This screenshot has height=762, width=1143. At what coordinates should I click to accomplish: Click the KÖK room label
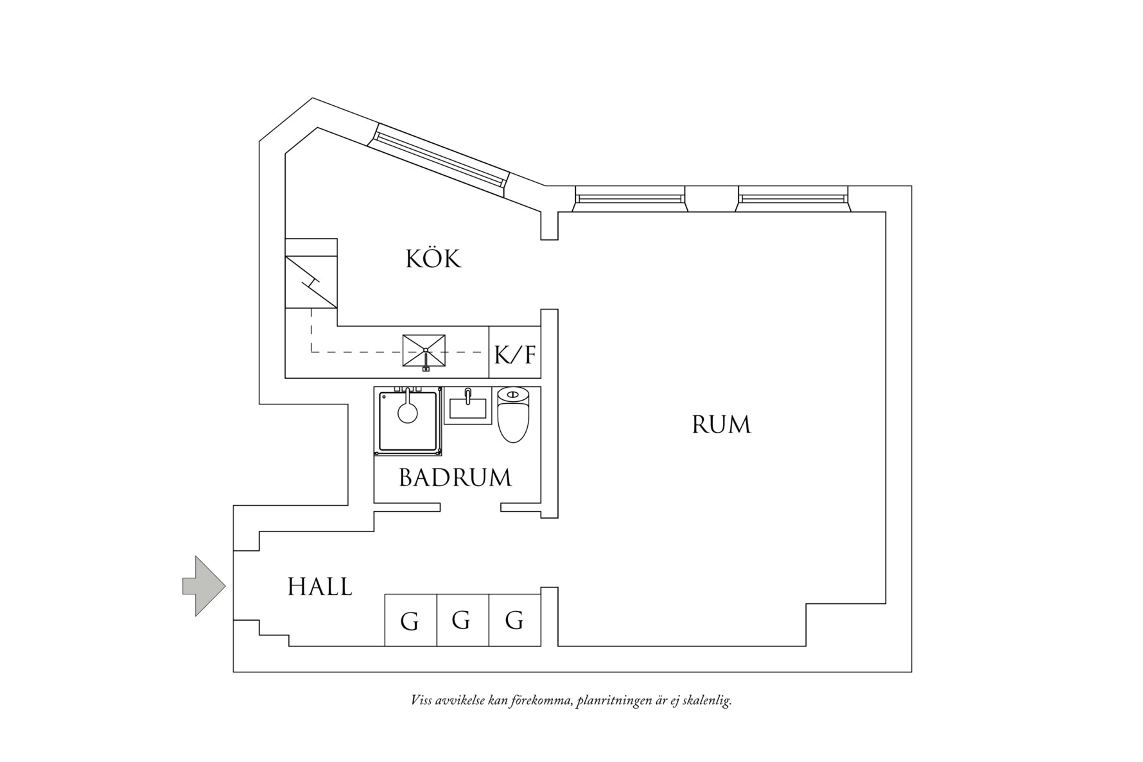tap(433, 259)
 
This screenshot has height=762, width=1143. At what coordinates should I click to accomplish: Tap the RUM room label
tap(721, 425)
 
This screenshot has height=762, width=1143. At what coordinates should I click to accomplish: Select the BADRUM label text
tap(455, 478)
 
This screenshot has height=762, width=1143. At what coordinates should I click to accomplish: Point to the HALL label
tap(320, 587)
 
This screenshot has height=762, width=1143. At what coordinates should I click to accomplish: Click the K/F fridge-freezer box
tap(514, 353)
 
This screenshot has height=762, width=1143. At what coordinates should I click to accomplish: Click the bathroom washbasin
tap(467, 407)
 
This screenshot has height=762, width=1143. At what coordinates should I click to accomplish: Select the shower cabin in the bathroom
tap(408, 421)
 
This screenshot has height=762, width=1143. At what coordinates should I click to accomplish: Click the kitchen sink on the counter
tap(424, 351)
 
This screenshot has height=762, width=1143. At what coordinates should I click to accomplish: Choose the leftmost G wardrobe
tap(410, 621)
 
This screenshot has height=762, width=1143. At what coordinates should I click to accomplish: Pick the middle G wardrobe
tap(462, 620)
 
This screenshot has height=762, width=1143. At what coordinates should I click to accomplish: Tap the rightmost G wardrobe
tap(514, 620)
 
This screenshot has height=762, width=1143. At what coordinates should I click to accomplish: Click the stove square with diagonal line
tap(311, 282)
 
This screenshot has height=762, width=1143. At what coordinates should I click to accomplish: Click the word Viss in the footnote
tap(421, 700)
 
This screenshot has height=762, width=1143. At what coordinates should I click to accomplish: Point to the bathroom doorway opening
tap(470, 508)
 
